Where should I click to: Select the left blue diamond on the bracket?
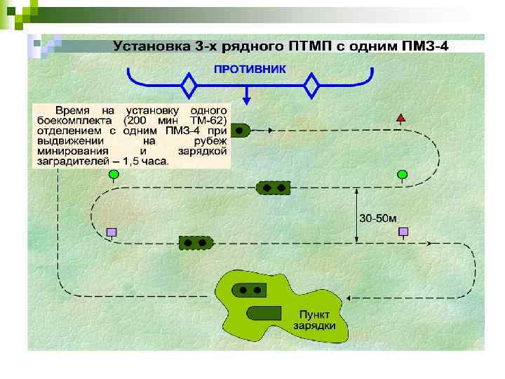click(189, 86)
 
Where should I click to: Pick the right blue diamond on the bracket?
click(311, 86)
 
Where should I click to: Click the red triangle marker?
click(401, 118)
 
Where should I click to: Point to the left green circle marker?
click(113, 174)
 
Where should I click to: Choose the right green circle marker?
click(402, 173)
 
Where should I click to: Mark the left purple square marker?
click(111, 232)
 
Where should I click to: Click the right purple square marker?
click(403, 232)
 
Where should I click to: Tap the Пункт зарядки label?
click(315, 320)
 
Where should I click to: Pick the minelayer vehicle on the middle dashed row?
click(273, 187)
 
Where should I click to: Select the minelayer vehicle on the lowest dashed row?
click(196, 243)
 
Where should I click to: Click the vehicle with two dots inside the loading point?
click(249, 289)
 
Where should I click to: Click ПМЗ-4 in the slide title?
click(424, 47)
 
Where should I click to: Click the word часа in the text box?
click(155, 161)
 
